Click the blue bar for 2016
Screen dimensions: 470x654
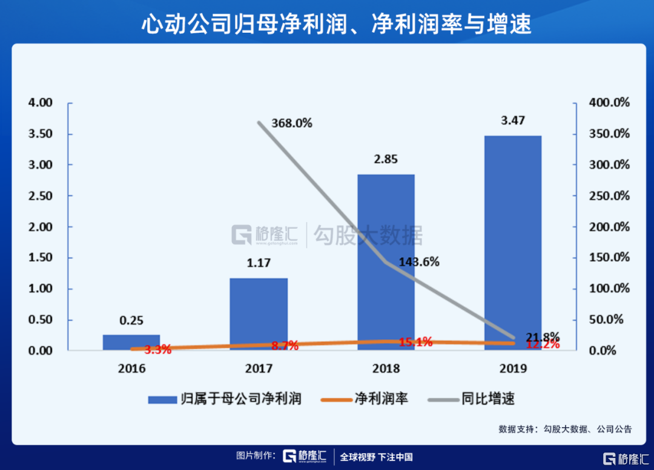(131, 343)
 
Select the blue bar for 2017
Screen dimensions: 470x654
(259, 315)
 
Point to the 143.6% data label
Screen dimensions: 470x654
(419, 263)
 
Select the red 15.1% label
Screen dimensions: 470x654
(415, 342)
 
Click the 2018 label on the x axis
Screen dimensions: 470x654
(386, 368)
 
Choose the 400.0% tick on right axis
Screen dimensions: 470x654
(609, 102)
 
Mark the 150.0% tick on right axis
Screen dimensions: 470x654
(609, 258)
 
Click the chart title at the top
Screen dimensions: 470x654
(327, 25)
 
